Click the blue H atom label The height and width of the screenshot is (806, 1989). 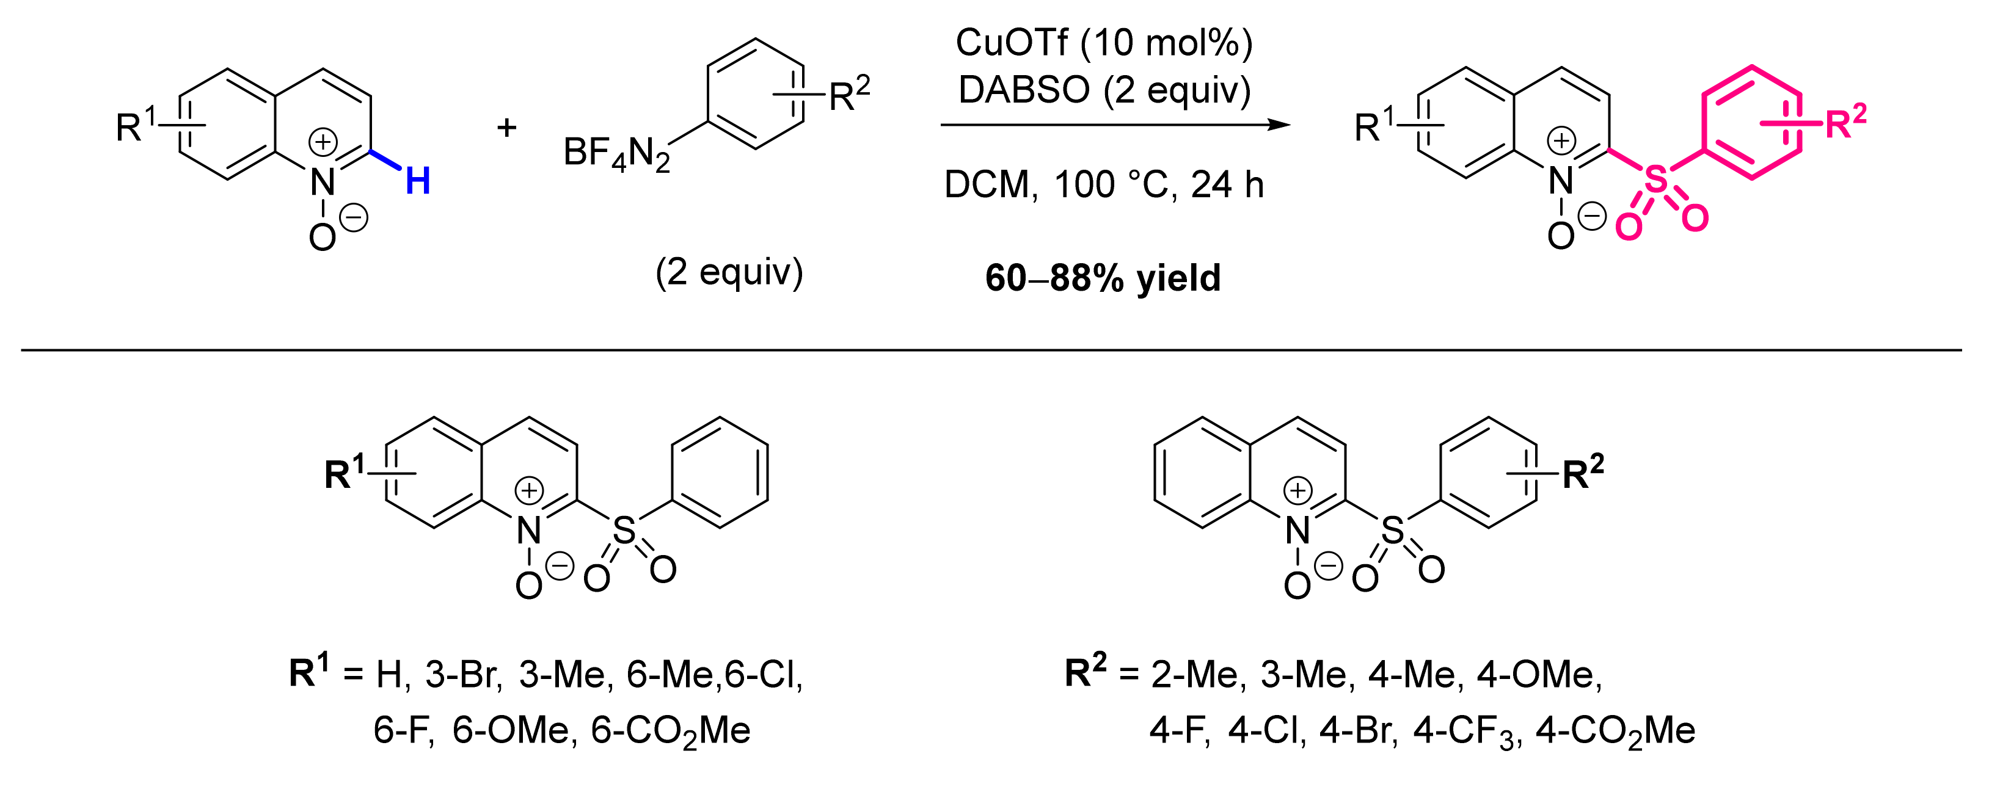[418, 181]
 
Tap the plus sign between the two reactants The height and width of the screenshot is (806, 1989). [506, 128]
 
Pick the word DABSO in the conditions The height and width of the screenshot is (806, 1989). [1024, 90]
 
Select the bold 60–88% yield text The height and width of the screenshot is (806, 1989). [1103, 278]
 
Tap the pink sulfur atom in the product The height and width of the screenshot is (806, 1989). [1655, 180]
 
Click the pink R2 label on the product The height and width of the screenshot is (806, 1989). [1845, 122]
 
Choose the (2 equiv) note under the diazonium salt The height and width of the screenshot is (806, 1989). [729, 272]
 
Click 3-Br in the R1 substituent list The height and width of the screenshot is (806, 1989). [463, 675]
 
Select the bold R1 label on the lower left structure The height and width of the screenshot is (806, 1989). [343, 473]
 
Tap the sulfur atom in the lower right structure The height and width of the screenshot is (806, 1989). [1392, 531]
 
